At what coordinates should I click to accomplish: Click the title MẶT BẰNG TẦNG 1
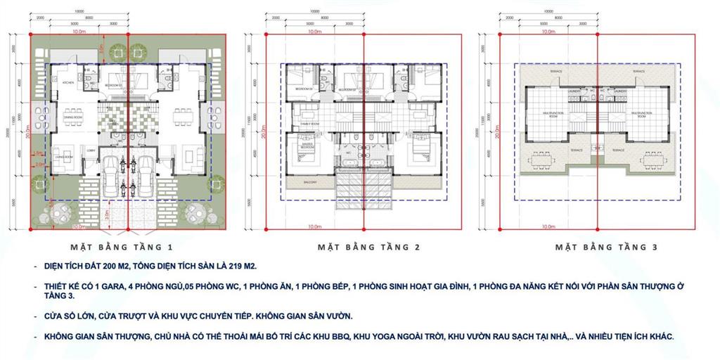click(x=122, y=247)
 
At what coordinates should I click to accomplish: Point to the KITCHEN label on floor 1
click(x=67, y=83)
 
